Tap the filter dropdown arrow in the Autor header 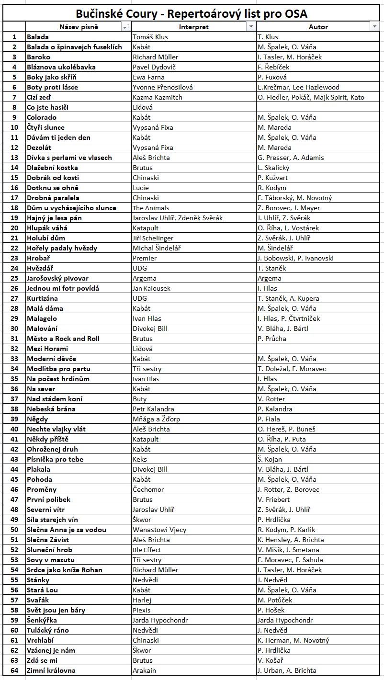pos(374,27)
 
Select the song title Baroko pos(38,57)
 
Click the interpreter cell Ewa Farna pos(148,77)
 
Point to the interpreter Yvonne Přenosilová pos(158,87)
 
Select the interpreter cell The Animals pos(151,208)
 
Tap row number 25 pos(14,278)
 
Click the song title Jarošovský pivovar pos(57,278)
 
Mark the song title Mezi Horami pos(47,349)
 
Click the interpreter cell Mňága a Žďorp pos(156,419)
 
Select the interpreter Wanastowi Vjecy pos(159,530)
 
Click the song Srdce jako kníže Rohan pos(65,570)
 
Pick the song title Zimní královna pos(51,670)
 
